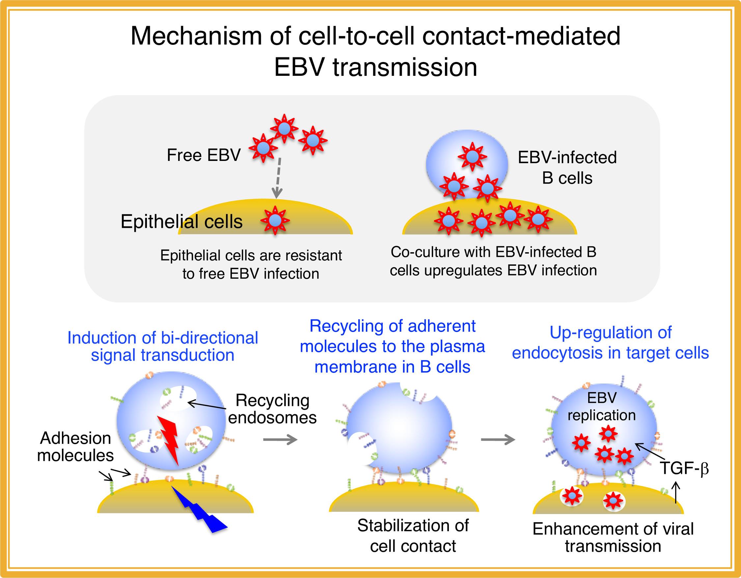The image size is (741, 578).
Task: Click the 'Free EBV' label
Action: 204,155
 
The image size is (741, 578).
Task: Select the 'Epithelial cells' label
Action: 181,222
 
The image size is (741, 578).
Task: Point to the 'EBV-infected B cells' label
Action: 567,168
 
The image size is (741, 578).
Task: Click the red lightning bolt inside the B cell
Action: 169,440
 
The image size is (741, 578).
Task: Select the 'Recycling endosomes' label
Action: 272,409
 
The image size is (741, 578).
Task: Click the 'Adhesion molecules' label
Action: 75,446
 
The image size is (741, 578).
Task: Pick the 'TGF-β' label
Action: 684,468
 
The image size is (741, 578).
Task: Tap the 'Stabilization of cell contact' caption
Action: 413,536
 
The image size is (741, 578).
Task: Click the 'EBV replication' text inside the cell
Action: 602,407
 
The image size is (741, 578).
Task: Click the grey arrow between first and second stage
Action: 280,440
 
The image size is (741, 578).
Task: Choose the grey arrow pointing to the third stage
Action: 498,440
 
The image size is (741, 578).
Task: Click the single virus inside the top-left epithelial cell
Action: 275,220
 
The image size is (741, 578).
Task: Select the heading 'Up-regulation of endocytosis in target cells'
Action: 610,343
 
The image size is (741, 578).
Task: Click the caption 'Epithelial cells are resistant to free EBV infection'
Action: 251,264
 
